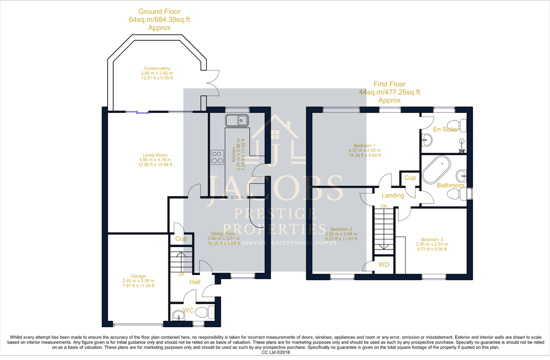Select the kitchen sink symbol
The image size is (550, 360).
(x=237, y=120)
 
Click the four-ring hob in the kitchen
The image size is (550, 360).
(x=217, y=157)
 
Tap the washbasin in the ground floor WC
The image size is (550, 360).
(x=177, y=314)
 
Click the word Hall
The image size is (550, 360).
(x=195, y=282)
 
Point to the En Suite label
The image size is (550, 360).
(x=444, y=129)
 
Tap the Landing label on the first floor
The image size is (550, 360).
(x=392, y=195)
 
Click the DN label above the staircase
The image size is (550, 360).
(x=384, y=205)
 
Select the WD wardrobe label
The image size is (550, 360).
(x=383, y=264)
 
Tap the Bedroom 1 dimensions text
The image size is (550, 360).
(x=365, y=152)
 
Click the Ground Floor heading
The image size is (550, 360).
(x=159, y=11)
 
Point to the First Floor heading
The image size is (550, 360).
(x=389, y=84)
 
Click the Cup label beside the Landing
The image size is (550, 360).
(x=410, y=177)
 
